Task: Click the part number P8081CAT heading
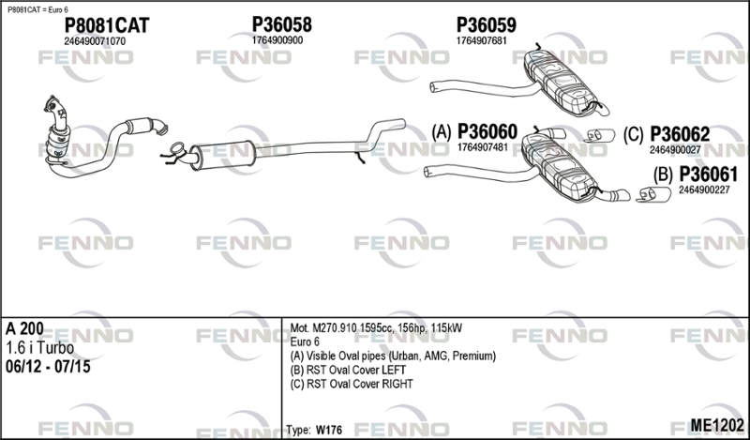coord(107,26)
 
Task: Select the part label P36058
coord(282,25)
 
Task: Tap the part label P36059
coord(486,25)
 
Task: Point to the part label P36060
coord(487,131)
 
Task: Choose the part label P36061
coord(709,174)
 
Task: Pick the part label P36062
coord(680,134)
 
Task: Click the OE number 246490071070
coord(95,41)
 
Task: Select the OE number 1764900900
coord(277,40)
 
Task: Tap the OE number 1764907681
coord(481,41)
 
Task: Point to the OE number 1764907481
coord(483,147)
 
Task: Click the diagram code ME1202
coord(717,425)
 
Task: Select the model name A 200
coord(24,328)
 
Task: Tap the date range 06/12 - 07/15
coord(48,367)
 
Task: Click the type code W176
coord(329,430)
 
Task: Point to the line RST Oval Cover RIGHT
coord(352,384)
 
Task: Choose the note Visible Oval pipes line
coord(393,357)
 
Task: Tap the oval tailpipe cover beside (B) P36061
coord(652,194)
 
